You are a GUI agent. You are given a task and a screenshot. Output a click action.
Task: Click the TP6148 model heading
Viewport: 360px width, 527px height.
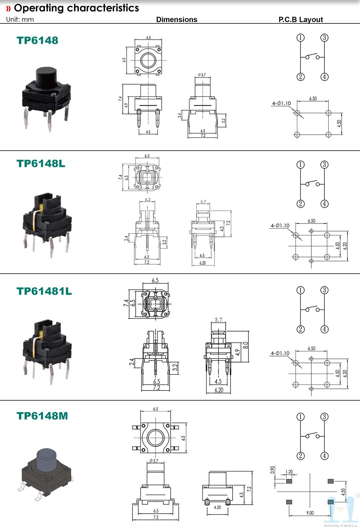click(x=37, y=40)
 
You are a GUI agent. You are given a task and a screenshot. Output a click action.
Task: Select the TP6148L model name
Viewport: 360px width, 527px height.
click(x=41, y=163)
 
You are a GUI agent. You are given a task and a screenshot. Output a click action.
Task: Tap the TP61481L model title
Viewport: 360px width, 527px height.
click(x=44, y=291)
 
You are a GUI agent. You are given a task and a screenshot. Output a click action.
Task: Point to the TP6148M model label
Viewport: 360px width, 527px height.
click(x=42, y=416)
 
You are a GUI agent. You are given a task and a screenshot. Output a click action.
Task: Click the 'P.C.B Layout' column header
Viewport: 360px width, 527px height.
click(x=301, y=19)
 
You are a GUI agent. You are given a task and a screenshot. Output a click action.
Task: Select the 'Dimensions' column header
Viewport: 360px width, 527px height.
click(x=176, y=19)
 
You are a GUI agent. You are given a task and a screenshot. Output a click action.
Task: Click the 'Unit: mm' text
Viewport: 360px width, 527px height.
click(x=20, y=19)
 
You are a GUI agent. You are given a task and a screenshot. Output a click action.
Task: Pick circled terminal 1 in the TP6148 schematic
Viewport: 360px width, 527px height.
click(x=301, y=37)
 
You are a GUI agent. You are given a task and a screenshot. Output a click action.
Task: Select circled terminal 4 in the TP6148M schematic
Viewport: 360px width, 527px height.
click(x=324, y=456)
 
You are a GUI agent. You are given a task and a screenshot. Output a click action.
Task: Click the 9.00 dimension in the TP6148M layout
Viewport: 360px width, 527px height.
click(x=310, y=513)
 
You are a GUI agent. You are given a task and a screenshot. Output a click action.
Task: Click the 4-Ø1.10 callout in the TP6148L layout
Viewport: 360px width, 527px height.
click(x=280, y=226)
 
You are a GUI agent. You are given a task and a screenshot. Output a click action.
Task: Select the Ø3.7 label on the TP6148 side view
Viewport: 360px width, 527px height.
click(x=202, y=75)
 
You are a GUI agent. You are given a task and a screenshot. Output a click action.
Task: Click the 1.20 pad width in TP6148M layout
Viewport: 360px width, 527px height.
click(x=289, y=472)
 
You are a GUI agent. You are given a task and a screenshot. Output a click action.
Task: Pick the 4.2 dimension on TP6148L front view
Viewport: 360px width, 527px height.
click(x=148, y=199)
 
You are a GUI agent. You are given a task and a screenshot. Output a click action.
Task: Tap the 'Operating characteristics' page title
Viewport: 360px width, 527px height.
click(x=76, y=8)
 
